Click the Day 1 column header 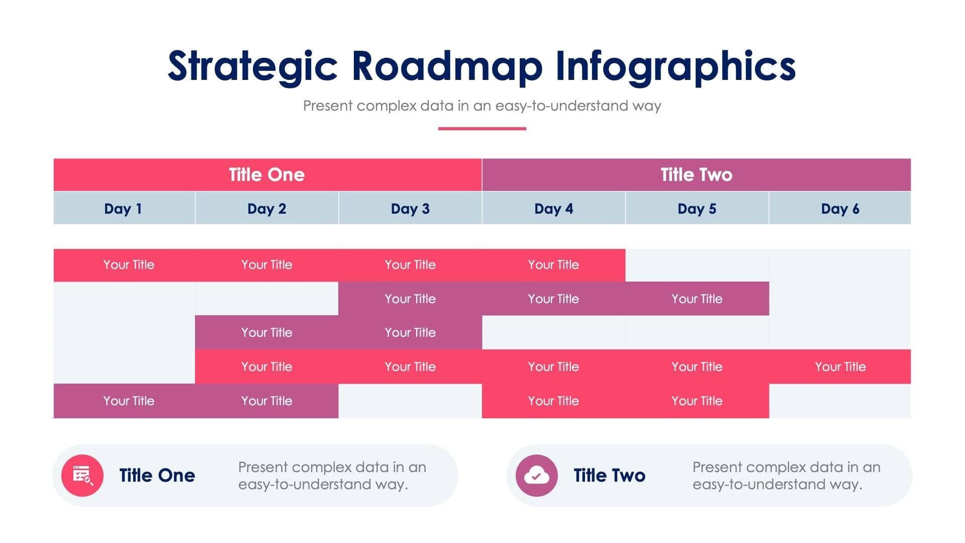point(123,208)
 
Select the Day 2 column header point(266,208)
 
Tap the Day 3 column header point(410,208)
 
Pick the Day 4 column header point(553,208)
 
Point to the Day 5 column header point(697,208)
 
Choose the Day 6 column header point(840,208)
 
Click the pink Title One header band point(267,174)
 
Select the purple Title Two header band point(696,174)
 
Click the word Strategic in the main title point(252,66)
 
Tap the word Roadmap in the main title point(447,66)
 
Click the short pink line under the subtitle point(482,129)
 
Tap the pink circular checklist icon point(82,475)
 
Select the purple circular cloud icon point(537,475)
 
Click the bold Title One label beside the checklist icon point(157,475)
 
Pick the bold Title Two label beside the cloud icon point(609,475)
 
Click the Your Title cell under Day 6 point(840,367)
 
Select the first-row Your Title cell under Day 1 point(129,264)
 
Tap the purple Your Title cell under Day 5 point(697,299)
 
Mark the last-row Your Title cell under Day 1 point(129,401)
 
